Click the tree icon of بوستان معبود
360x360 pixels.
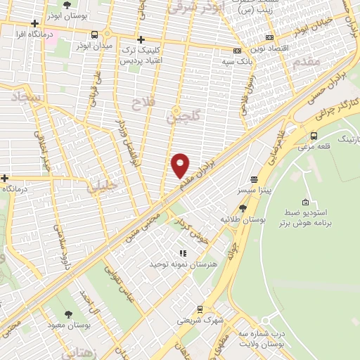pyautogui.click(x=68, y=315)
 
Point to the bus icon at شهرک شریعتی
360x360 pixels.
pyautogui.click(x=200, y=309)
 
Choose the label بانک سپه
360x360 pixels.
pyautogui.click(x=218, y=62)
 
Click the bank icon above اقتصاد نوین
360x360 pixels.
pyautogui.click(x=237, y=50)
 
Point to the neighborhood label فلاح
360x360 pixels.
pyautogui.click(x=141, y=103)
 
